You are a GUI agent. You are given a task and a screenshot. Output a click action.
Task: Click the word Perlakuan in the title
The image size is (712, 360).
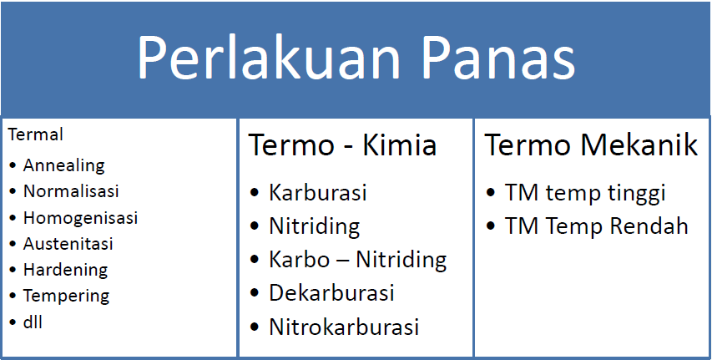269,58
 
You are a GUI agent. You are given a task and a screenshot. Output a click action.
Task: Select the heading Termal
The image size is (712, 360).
35,134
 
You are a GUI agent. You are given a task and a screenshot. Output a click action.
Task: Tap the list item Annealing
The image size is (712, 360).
64,166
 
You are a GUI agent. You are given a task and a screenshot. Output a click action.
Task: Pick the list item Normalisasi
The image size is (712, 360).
71,191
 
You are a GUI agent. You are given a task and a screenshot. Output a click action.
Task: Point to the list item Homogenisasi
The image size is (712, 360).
80,218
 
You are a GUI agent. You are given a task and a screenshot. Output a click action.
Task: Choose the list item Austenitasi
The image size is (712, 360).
68,244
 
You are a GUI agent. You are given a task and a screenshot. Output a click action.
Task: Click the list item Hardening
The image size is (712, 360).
65,270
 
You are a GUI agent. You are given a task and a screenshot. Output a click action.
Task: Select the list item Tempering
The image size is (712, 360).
66,297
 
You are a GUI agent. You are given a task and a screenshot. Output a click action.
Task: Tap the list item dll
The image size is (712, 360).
33,322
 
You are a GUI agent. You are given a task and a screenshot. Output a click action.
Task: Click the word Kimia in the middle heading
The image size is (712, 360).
399,145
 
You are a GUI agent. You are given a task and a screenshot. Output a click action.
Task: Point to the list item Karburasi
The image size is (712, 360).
317,192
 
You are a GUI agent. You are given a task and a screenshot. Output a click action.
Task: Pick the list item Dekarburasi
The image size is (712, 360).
331,292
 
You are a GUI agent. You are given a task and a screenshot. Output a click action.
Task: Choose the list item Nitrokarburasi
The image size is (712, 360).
344,327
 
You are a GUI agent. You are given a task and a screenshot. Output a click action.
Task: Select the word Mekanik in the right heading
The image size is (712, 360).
639,145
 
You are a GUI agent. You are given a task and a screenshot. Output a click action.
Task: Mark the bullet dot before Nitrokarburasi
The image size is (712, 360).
255,327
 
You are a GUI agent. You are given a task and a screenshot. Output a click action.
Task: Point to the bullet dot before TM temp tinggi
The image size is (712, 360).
491,192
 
